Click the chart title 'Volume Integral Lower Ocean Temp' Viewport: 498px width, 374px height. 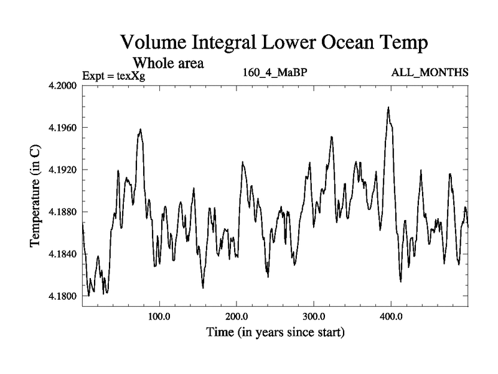275,43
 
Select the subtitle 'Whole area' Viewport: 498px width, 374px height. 169,63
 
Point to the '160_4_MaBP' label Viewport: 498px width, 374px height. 275,74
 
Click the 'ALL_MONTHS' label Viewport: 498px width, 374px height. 430,74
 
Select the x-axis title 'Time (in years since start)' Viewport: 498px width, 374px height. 275,332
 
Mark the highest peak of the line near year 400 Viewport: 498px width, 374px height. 388,107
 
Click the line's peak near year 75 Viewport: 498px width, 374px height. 141,130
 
